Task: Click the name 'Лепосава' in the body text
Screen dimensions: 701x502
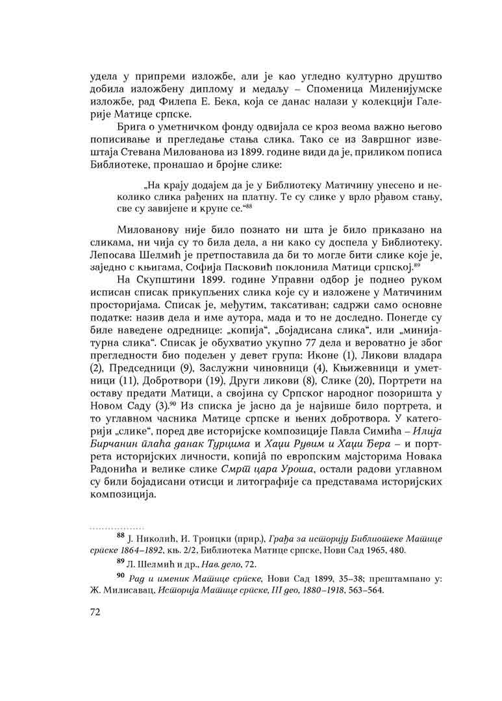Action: (116, 247)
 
